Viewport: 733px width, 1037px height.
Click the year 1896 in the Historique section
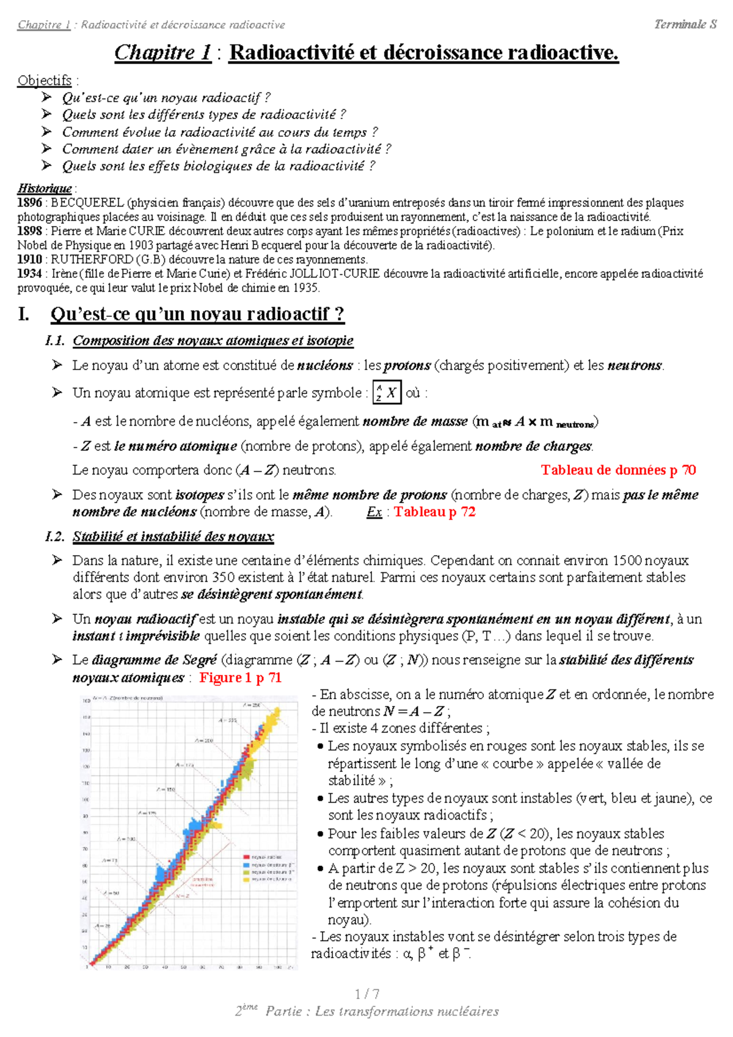(29, 203)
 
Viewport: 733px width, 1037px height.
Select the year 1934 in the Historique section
(29, 274)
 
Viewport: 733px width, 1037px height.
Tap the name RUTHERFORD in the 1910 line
(84, 260)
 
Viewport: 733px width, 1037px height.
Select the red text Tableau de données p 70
(618, 470)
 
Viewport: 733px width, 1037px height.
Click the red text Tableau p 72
(434, 512)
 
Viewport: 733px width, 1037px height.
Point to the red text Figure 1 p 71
(240, 677)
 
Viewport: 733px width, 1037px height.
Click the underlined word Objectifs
(44, 81)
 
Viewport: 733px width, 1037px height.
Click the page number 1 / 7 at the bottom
(366, 994)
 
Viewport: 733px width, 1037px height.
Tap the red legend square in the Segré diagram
(246, 857)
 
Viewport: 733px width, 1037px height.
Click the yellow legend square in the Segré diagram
(246, 879)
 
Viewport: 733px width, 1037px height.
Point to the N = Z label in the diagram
(183, 896)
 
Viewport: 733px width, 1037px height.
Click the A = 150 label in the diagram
(166, 790)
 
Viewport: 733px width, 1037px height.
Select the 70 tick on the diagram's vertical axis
(86, 849)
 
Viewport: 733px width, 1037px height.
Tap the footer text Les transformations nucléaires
(407, 1011)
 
